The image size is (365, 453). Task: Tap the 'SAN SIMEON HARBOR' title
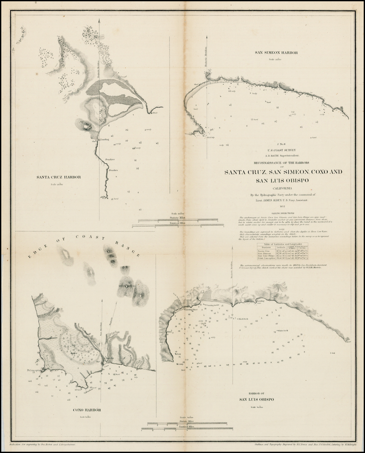(x=276, y=53)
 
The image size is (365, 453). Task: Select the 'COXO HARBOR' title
(x=87, y=410)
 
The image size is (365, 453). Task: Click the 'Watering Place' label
(x=191, y=310)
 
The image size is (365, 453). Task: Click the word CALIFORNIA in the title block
(x=283, y=188)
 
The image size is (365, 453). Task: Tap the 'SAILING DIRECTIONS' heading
(x=283, y=213)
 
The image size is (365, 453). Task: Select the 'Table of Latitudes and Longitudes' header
(x=283, y=244)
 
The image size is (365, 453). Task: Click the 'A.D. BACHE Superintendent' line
(x=283, y=155)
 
